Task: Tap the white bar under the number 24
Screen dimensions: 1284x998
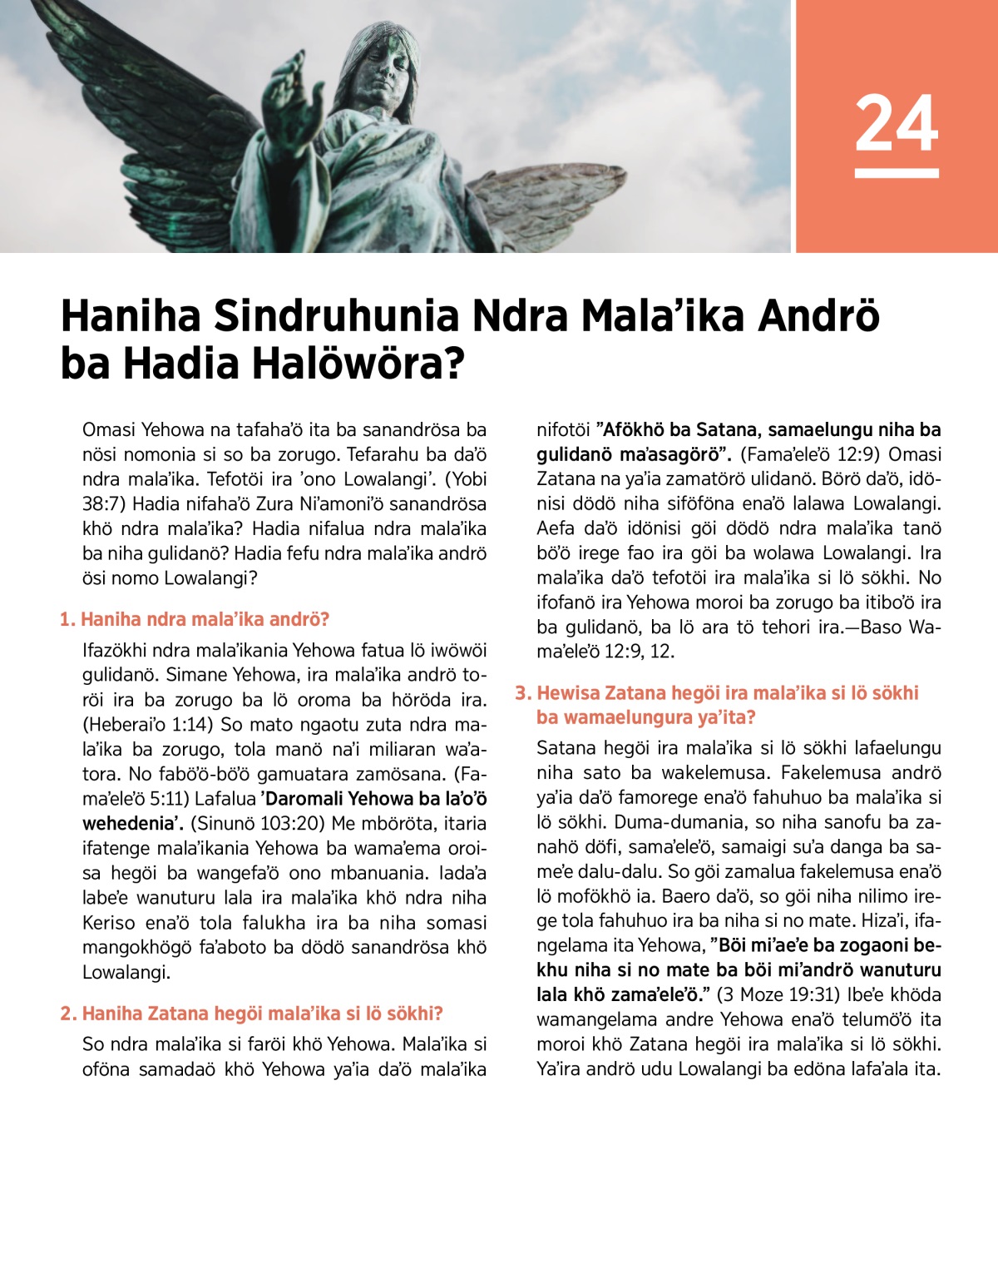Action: point(897,173)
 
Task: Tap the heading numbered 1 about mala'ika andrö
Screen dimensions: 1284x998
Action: point(195,619)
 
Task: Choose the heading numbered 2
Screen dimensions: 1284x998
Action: point(251,1013)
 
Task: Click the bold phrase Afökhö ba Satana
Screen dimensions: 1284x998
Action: point(679,430)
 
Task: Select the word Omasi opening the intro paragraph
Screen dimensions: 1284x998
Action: point(108,430)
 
